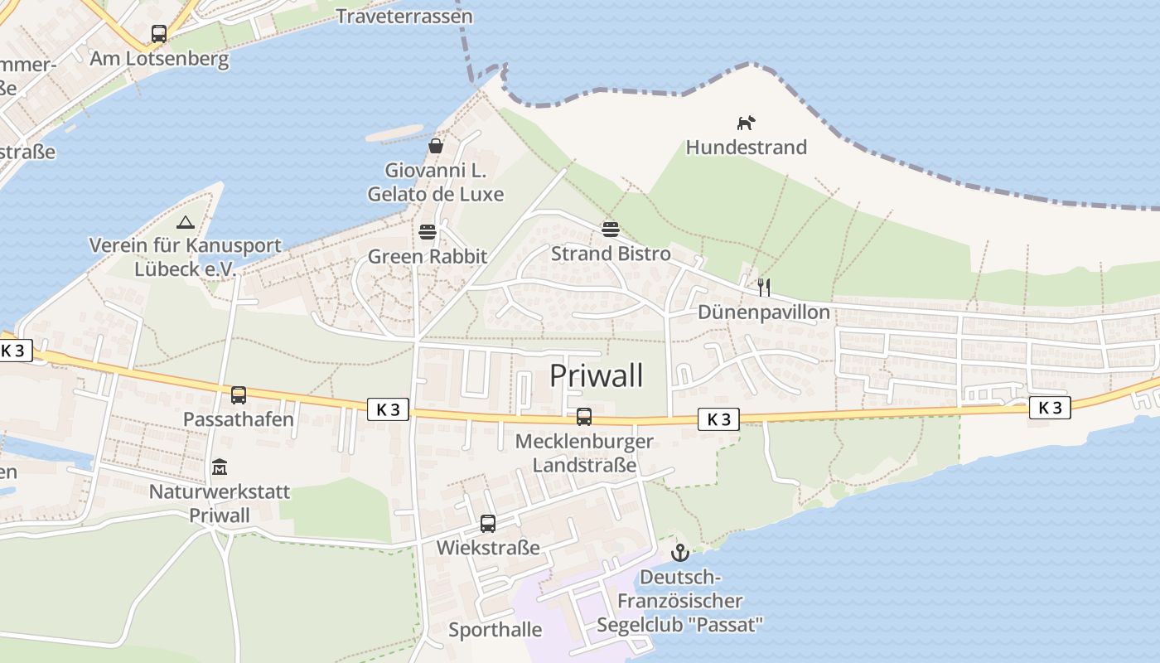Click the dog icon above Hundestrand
[746, 123]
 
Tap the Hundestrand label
[746, 148]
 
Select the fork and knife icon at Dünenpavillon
[764, 288]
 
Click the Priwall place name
[597, 376]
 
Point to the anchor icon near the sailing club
[680, 552]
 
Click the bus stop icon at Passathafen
[239, 394]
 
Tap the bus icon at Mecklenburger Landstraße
[584, 416]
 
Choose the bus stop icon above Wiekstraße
[488, 523]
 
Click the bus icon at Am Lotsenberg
[159, 34]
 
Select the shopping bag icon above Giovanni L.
[436, 146]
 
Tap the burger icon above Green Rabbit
[428, 231]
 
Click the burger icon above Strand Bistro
[611, 228]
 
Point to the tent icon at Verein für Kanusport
[185, 222]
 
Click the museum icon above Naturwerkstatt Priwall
[220, 467]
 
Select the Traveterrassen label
[405, 16]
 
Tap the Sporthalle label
[495, 630]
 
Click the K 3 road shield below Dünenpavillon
[718, 419]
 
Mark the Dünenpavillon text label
[764, 312]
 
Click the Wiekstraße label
[488, 548]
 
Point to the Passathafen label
[239, 419]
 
